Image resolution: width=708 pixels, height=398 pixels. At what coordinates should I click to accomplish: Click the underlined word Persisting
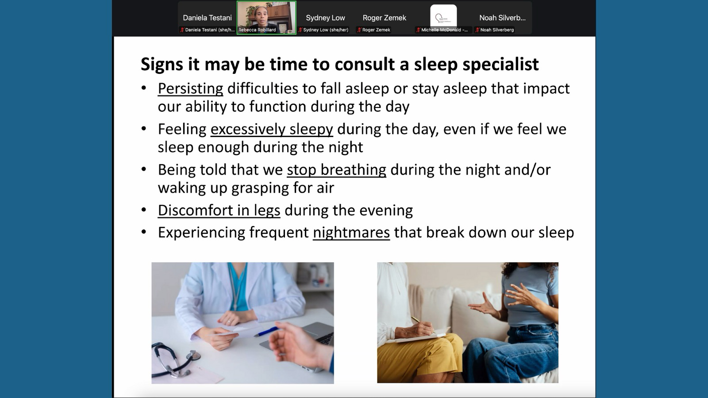190,89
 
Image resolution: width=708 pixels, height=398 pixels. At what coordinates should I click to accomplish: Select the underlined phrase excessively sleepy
272,130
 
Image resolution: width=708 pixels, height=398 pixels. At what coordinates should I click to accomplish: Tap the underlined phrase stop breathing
337,170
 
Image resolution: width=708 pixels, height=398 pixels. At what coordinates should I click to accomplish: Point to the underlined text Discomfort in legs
219,210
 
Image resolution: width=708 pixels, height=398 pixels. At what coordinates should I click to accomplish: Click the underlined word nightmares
351,233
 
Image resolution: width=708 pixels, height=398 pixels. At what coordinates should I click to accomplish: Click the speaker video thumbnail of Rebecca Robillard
266,18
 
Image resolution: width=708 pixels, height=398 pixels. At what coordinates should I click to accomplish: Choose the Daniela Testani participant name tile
208,18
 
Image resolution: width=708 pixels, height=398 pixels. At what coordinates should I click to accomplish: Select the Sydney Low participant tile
325,18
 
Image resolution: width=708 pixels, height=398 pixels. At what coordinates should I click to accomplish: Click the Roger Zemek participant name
385,18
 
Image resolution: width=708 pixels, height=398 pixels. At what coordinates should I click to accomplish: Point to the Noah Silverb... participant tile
502,18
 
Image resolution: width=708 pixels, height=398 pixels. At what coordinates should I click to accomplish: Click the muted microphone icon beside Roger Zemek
359,30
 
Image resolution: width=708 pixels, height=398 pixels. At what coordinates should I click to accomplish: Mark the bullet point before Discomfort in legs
144,210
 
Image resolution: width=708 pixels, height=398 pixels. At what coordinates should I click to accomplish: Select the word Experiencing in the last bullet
201,233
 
